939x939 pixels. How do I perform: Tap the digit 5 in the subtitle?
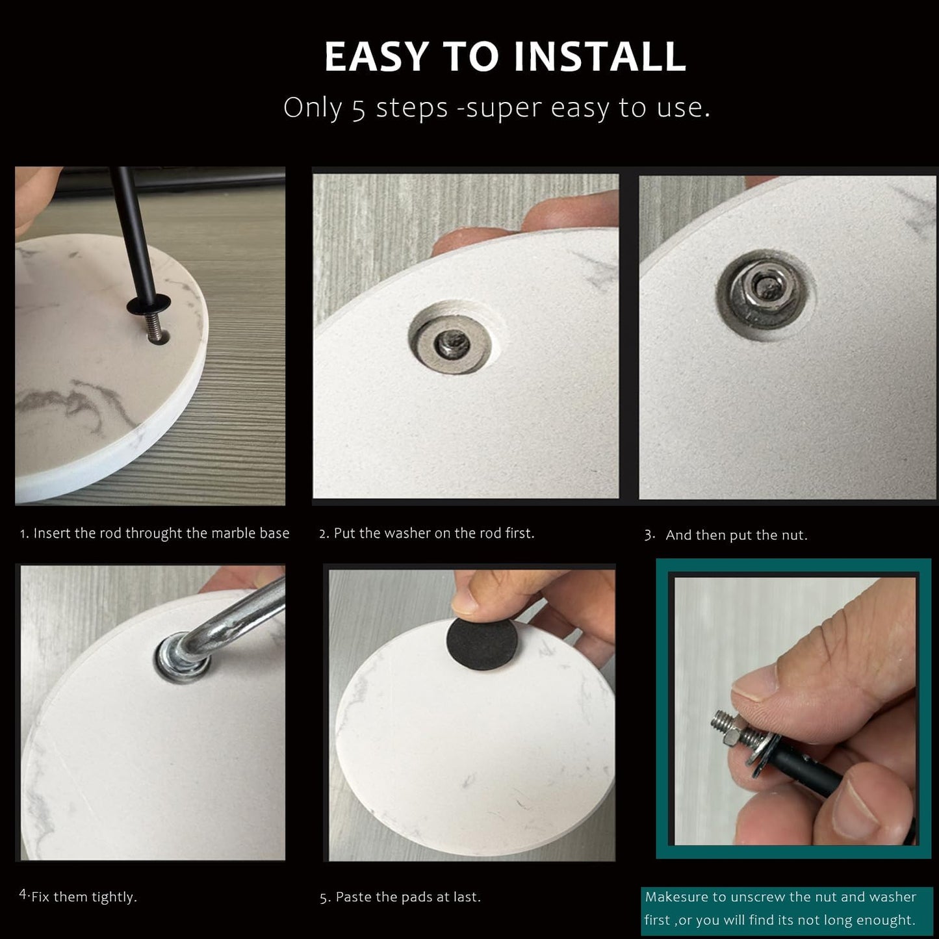pyautogui.click(x=358, y=109)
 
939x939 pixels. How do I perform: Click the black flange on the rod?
pyautogui.click(x=149, y=305)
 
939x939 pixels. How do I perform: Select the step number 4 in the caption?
pyautogui.click(x=23, y=895)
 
